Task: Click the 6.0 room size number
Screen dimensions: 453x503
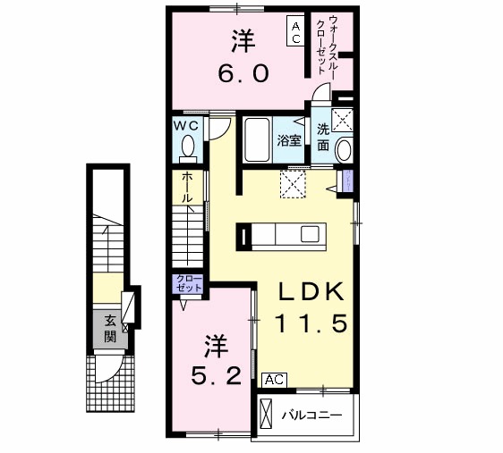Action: tap(241, 74)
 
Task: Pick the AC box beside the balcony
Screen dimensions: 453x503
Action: tap(274, 380)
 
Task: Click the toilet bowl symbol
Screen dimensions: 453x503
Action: tap(188, 146)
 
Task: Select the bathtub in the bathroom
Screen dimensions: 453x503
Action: tap(259, 139)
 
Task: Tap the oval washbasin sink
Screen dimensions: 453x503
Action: tap(344, 152)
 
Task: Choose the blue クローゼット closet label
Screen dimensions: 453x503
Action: tap(188, 285)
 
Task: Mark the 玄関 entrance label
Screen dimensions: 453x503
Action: tap(109, 330)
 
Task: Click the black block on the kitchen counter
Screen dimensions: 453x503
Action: tap(243, 236)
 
